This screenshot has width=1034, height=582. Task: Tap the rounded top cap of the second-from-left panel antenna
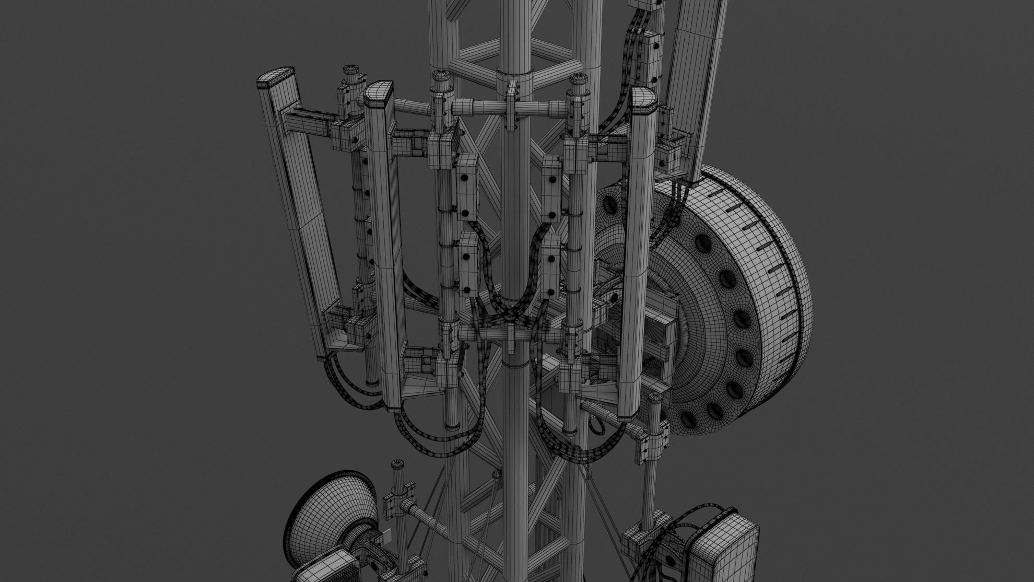click(378, 92)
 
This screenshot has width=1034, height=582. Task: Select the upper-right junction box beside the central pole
click(550, 188)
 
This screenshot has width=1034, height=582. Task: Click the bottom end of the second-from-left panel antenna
click(393, 405)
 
